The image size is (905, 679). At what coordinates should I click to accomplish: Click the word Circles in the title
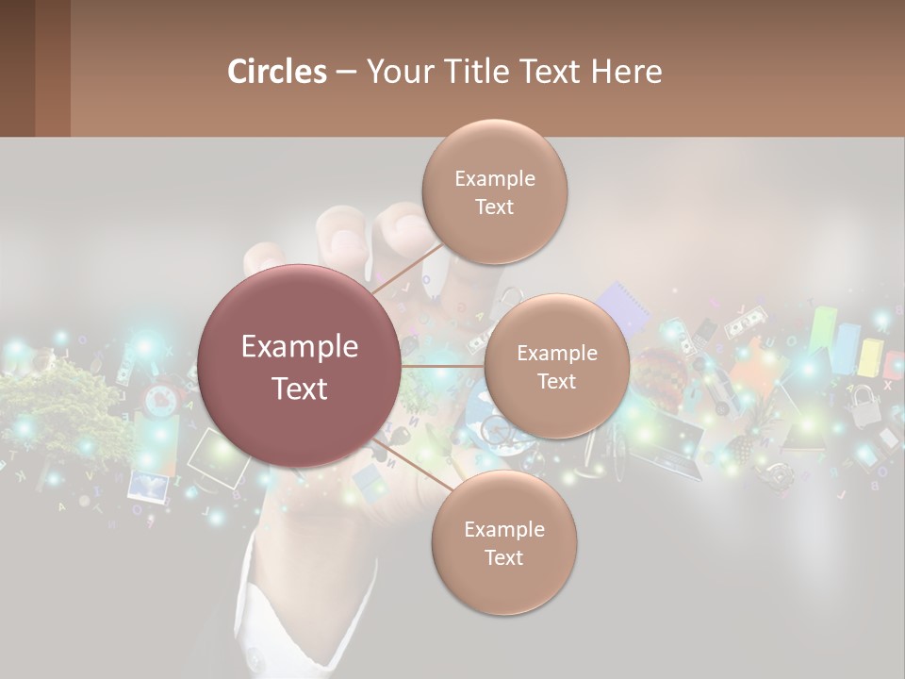click(x=277, y=72)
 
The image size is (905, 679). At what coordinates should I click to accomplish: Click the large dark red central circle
click(x=299, y=366)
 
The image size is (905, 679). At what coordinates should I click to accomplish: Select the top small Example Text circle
click(x=494, y=192)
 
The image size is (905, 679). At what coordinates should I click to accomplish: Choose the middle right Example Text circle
click(x=556, y=366)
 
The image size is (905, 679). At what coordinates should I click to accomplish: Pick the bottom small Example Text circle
click(x=503, y=543)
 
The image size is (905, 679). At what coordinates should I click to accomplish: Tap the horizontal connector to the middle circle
click(x=442, y=366)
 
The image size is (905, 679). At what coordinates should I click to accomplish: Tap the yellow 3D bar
click(x=869, y=356)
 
